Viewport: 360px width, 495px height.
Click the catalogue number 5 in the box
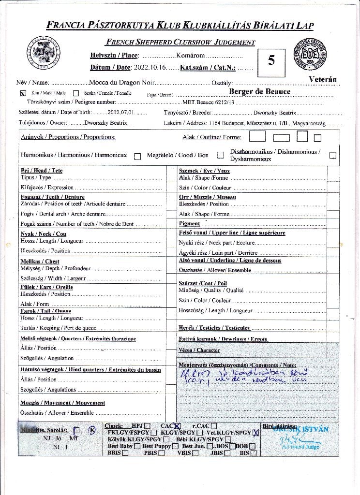[271, 60]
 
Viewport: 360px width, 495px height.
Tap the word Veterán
[323, 79]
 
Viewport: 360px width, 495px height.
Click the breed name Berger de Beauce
[259, 92]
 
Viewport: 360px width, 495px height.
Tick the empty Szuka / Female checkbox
[76, 93]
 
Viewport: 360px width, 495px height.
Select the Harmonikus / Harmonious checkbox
[137, 156]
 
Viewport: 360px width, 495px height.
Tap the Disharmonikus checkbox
[332, 156]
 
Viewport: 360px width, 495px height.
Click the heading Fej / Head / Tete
[42, 171]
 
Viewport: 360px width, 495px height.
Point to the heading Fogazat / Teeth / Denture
[52, 197]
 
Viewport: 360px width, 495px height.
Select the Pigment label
[189, 224]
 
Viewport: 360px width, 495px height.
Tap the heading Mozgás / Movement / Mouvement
[62, 403]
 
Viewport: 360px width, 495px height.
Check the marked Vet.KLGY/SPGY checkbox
[255, 433]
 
